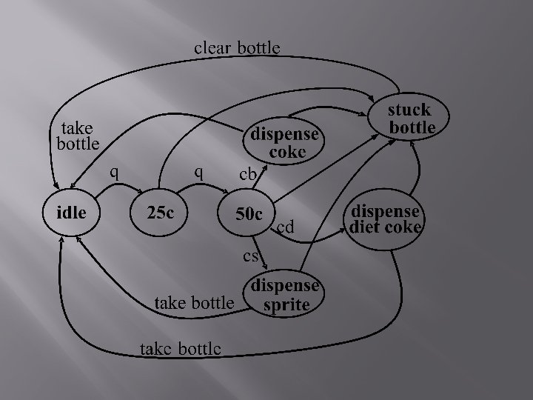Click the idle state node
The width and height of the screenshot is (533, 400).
tap(73, 213)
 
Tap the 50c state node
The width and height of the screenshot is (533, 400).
tap(249, 215)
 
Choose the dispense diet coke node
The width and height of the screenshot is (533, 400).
tap(385, 219)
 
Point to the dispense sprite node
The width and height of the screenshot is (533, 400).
tap(286, 296)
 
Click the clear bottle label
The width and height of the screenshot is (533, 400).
tap(237, 48)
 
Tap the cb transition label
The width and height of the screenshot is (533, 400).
tap(247, 175)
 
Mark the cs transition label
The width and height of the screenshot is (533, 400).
tap(251, 257)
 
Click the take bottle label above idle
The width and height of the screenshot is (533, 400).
tap(78, 136)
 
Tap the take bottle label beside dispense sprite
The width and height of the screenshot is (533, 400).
tap(193, 302)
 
